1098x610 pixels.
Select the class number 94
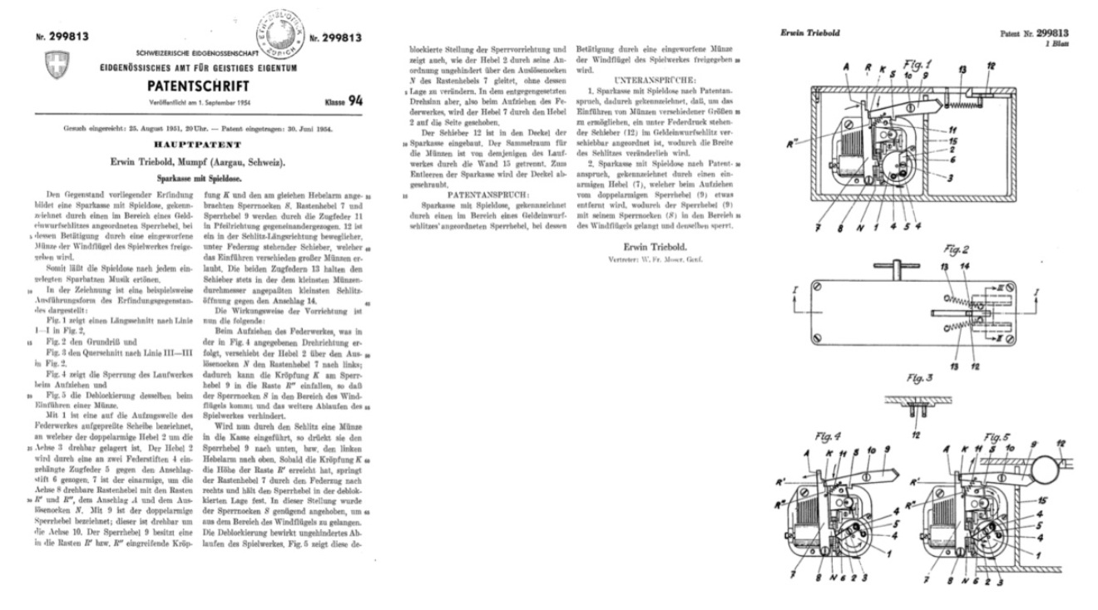355,101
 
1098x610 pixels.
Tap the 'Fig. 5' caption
997,435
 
